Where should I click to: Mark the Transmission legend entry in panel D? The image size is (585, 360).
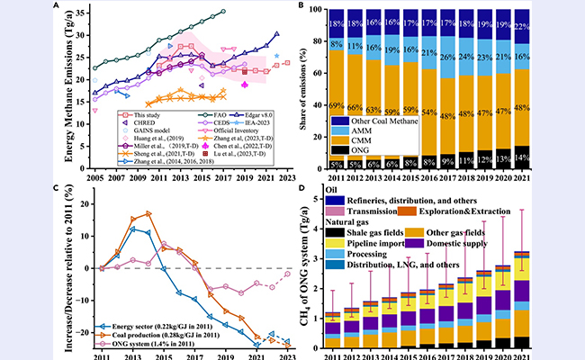click(x=381, y=210)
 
